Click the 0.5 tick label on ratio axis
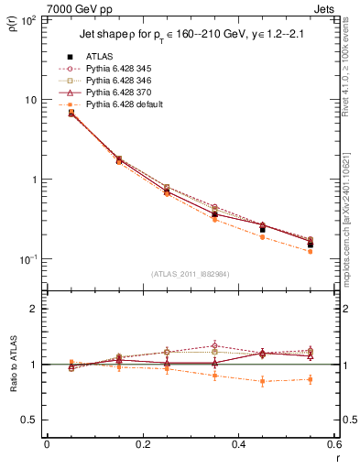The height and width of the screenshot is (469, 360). click(30, 420)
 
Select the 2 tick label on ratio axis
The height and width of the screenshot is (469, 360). click(34, 309)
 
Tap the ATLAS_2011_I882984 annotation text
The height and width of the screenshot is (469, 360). click(190, 274)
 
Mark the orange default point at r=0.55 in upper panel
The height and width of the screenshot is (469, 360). click(311, 251)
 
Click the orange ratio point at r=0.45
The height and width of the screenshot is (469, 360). click(263, 381)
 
